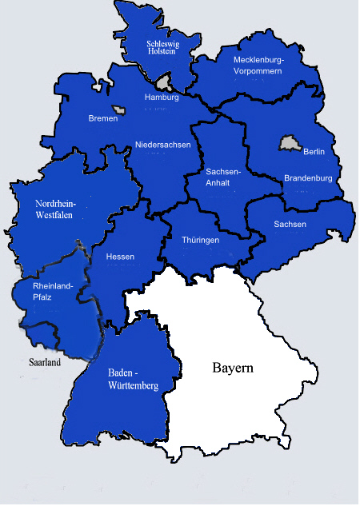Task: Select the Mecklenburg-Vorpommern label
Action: click(258, 65)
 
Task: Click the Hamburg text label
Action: click(162, 97)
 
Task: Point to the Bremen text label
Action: click(102, 118)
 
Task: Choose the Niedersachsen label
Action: click(162, 144)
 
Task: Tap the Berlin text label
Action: click(314, 152)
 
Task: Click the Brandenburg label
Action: click(308, 178)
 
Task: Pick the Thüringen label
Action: click(200, 239)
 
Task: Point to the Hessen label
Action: click(120, 257)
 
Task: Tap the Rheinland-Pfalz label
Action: click(53, 291)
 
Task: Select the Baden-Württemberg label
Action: click(133, 379)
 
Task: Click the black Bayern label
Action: click(233, 369)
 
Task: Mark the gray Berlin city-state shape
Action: click(289, 144)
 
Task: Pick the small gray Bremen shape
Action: click(119, 110)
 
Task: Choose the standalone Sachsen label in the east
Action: click(290, 224)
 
